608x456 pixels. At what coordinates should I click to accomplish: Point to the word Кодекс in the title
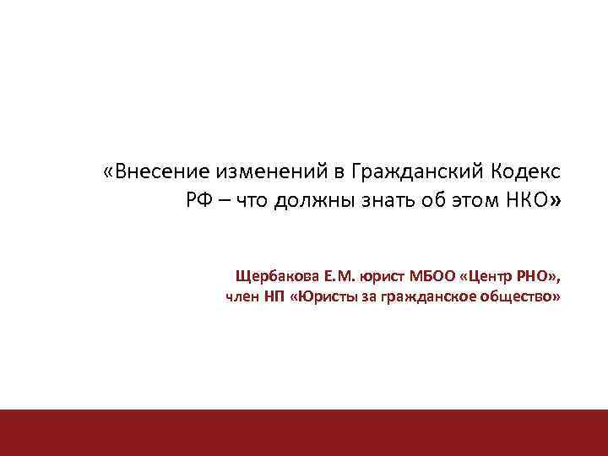(x=524, y=172)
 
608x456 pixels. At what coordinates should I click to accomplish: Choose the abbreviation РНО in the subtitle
(x=537, y=276)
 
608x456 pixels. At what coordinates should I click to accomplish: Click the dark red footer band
(x=304, y=432)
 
